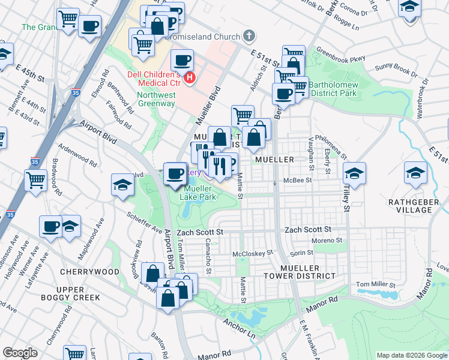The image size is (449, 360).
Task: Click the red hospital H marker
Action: click(x=190, y=77)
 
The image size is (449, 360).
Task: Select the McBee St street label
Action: click(x=298, y=179)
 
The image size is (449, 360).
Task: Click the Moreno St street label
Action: click(x=327, y=240)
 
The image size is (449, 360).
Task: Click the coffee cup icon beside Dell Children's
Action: click(x=182, y=60)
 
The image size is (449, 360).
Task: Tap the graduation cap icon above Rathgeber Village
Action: click(x=415, y=173)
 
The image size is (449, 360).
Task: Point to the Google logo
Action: click(x=20, y=353)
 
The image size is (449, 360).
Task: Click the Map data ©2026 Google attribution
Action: click(x=411, y=355)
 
